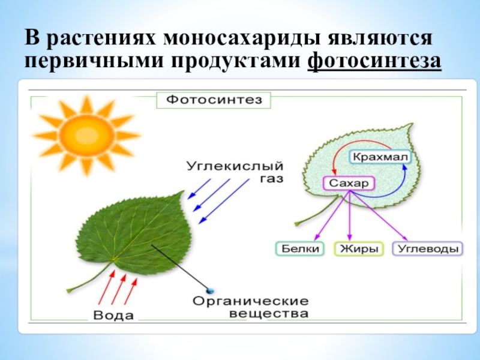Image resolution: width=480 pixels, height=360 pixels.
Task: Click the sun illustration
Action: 87,135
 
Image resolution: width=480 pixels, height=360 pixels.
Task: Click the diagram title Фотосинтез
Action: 214,100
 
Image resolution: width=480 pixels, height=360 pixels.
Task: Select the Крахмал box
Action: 380,157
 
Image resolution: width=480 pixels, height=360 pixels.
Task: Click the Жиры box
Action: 359,248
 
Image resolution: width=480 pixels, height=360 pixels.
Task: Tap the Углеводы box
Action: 427,248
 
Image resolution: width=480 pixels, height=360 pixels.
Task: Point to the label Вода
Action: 113,315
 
